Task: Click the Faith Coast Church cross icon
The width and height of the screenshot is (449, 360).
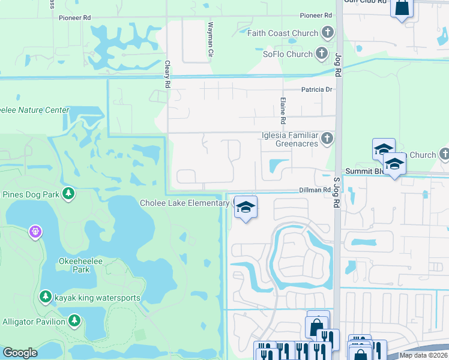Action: click(x=327, y=33)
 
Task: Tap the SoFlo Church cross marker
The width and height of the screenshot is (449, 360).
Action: click(x=322, y=54)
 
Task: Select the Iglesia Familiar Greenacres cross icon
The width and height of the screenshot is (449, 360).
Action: click(x=327, y=139)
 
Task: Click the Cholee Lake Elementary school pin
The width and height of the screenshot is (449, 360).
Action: click(x=246, y=207)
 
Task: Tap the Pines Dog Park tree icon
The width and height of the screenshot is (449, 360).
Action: click(x=70, y=194)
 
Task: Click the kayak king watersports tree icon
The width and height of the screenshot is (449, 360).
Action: click(x=45, y=297)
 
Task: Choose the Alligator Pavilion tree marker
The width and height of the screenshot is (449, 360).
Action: click(x=74, y=321)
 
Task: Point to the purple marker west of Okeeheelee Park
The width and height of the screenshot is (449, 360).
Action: click(x=35, y=231)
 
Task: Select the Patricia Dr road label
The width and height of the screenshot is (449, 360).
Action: click(x=316, y=89)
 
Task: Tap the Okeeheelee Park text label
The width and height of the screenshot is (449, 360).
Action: click(x=75, y=265)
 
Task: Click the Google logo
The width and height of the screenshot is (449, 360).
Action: click(x=20, y=353)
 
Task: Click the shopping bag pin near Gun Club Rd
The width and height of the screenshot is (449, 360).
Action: click(x=402, y=8)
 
